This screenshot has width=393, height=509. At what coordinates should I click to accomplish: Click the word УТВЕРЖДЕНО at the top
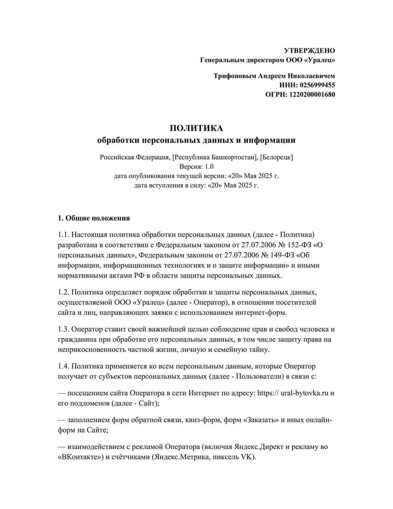point(309,51)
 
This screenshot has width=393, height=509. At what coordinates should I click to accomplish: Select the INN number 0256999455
point(317,85)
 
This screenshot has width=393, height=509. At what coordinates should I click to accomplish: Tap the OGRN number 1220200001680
point(312,95)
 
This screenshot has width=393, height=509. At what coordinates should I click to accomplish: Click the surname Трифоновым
point(235,76)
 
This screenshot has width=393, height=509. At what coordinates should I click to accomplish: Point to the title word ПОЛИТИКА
point(196,128)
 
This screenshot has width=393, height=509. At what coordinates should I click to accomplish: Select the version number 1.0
point(209,167)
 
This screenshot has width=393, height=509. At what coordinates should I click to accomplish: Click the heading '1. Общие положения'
point(94,218)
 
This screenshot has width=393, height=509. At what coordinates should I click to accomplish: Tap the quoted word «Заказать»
point(261,420)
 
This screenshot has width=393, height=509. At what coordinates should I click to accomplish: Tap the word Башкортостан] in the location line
point(234,157)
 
